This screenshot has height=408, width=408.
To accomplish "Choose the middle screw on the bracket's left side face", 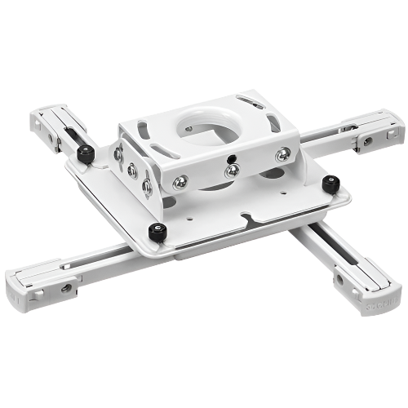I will (x=130, y=168).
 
